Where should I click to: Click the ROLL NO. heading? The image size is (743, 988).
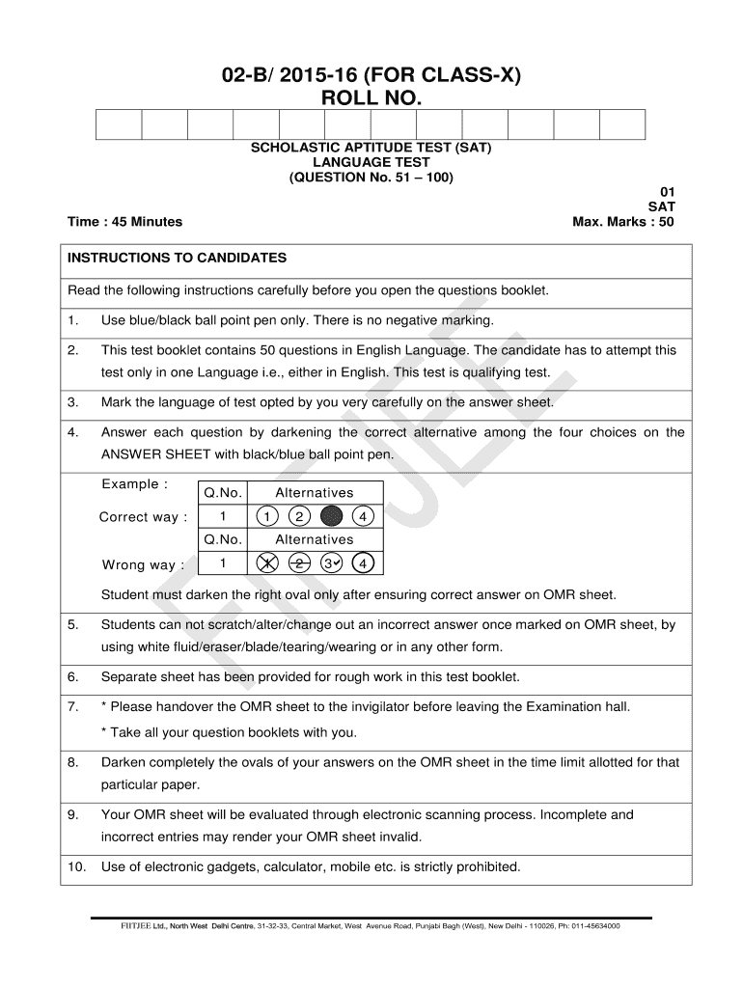(x=371, y=97)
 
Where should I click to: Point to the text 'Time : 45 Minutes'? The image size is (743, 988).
(x=124, y=222)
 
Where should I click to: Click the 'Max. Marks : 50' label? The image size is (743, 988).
(x=623, y=222)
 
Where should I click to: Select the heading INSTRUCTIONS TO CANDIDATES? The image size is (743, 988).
(x=178, y=259)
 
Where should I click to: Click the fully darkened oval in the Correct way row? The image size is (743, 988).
(x=331, y=517)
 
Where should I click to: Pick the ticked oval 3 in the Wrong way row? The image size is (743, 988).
(x=331, y=563)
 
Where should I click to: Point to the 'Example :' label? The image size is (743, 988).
(x=135, y=483)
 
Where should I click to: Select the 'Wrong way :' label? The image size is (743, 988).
(x=143, y=564)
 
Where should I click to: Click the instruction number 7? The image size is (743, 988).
(x=73, y=707)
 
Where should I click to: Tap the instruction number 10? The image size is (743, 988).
(x=77, y=866)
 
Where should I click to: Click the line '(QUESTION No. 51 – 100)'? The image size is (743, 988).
(x=371, y=178)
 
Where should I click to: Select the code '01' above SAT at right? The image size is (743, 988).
(x=667, y=192)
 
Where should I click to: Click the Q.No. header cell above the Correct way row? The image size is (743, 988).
(x=223, y=493)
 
